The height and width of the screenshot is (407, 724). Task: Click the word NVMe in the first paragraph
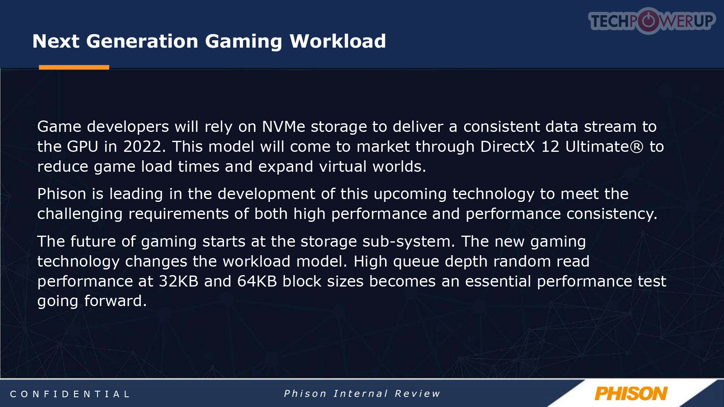point(283,127)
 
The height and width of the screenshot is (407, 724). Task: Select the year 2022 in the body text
point(142,147)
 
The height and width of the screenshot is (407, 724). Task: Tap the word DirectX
point(507,147)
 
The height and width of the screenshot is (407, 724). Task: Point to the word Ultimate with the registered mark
point(604,147)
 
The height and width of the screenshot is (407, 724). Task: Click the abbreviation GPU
point(83,147)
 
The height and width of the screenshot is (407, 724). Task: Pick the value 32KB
point(178,281)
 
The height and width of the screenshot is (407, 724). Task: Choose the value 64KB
point(257,281)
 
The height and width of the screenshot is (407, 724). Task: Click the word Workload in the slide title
point(338,41)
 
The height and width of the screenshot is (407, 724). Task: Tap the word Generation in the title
point(142,41)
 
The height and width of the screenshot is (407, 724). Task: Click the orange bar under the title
point(74,67)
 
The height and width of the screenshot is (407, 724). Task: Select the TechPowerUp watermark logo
point(652,21)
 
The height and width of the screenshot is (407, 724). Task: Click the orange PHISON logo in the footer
point(631,394)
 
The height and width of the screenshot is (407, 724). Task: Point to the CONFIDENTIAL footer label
point(70,394)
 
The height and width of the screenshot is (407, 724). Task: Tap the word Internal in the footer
point(360,394)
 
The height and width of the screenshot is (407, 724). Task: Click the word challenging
point(80,214)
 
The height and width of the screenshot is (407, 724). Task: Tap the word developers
point(128,127)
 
